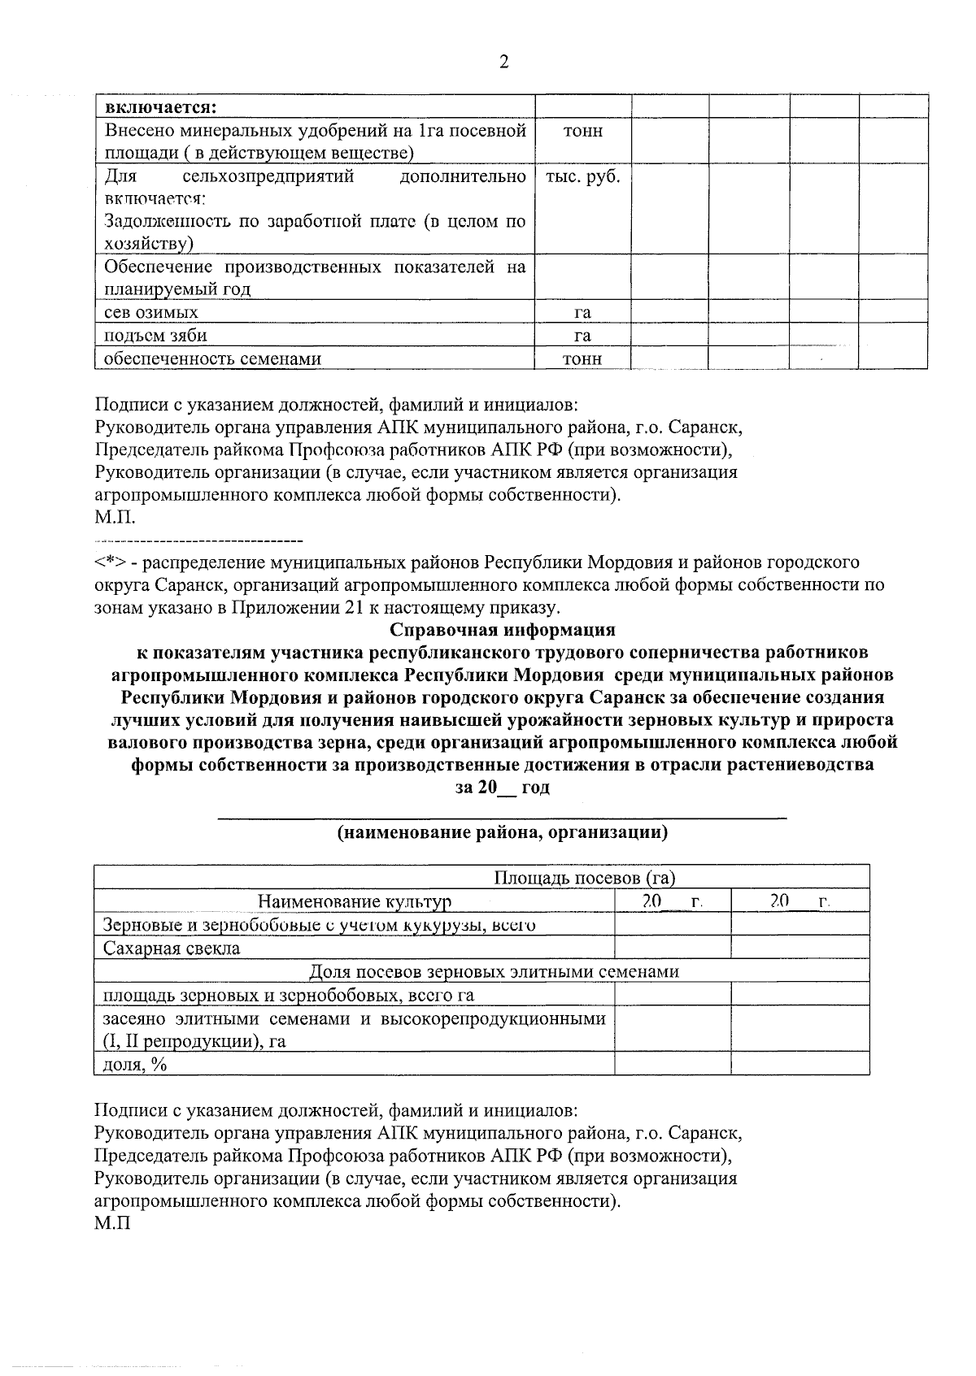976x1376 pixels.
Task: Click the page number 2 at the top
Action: click(x=503, y=63)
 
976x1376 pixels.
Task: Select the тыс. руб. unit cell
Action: click(x=582, y=177)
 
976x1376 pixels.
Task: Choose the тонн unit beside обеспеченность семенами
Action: click(x=582, y=358)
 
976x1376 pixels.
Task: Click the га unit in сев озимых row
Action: click(x=582, y=312)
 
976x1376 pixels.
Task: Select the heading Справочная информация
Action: click(x=503, y=630)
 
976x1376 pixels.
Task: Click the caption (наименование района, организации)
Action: click(x=503, y=831)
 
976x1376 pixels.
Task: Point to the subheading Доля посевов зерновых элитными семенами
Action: click(x=494, y=971)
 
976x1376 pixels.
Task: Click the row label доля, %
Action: click(x=135, y=1064)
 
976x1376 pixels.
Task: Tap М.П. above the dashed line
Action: click(x=115, y=518)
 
